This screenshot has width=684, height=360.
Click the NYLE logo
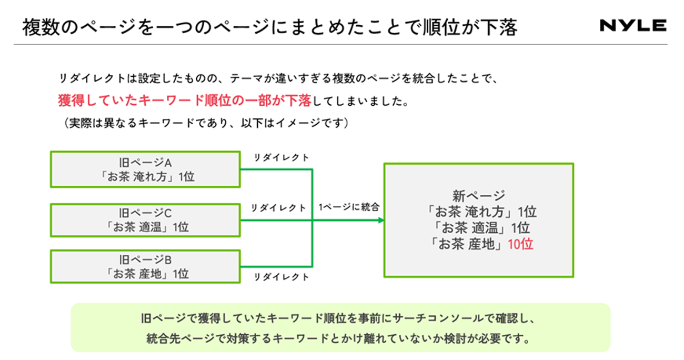point(633,25)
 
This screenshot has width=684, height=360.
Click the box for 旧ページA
point(145,169)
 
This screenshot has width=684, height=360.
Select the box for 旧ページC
point(145,220)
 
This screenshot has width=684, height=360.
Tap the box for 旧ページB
point(145,266)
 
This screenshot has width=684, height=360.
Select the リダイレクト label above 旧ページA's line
point(281,158)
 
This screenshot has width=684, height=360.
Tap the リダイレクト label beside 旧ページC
point(278,208)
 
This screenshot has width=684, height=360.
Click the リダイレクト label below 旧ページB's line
point(281,277)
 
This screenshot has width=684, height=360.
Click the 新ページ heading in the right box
point(479,195)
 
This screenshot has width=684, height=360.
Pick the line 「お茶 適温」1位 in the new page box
point(479,228)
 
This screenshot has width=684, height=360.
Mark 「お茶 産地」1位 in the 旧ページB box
point(145,274)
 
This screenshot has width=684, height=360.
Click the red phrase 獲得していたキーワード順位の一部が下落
point(184,101)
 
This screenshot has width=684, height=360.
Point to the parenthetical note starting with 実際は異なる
point(205,123)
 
